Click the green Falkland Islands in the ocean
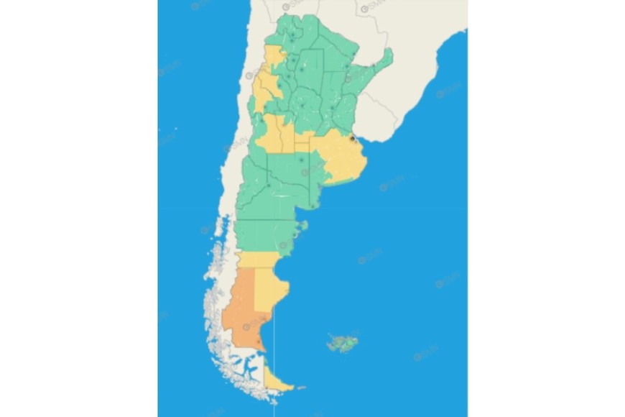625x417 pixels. pyautogui.click(x=343, y=342)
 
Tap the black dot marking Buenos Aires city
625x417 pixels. pyautogui.click(x=352, y=137)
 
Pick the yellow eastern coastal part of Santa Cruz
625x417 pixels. pyautogui.click(x=269, y=288)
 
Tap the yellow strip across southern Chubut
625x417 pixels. pyautogui.click(x=259, y=259)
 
